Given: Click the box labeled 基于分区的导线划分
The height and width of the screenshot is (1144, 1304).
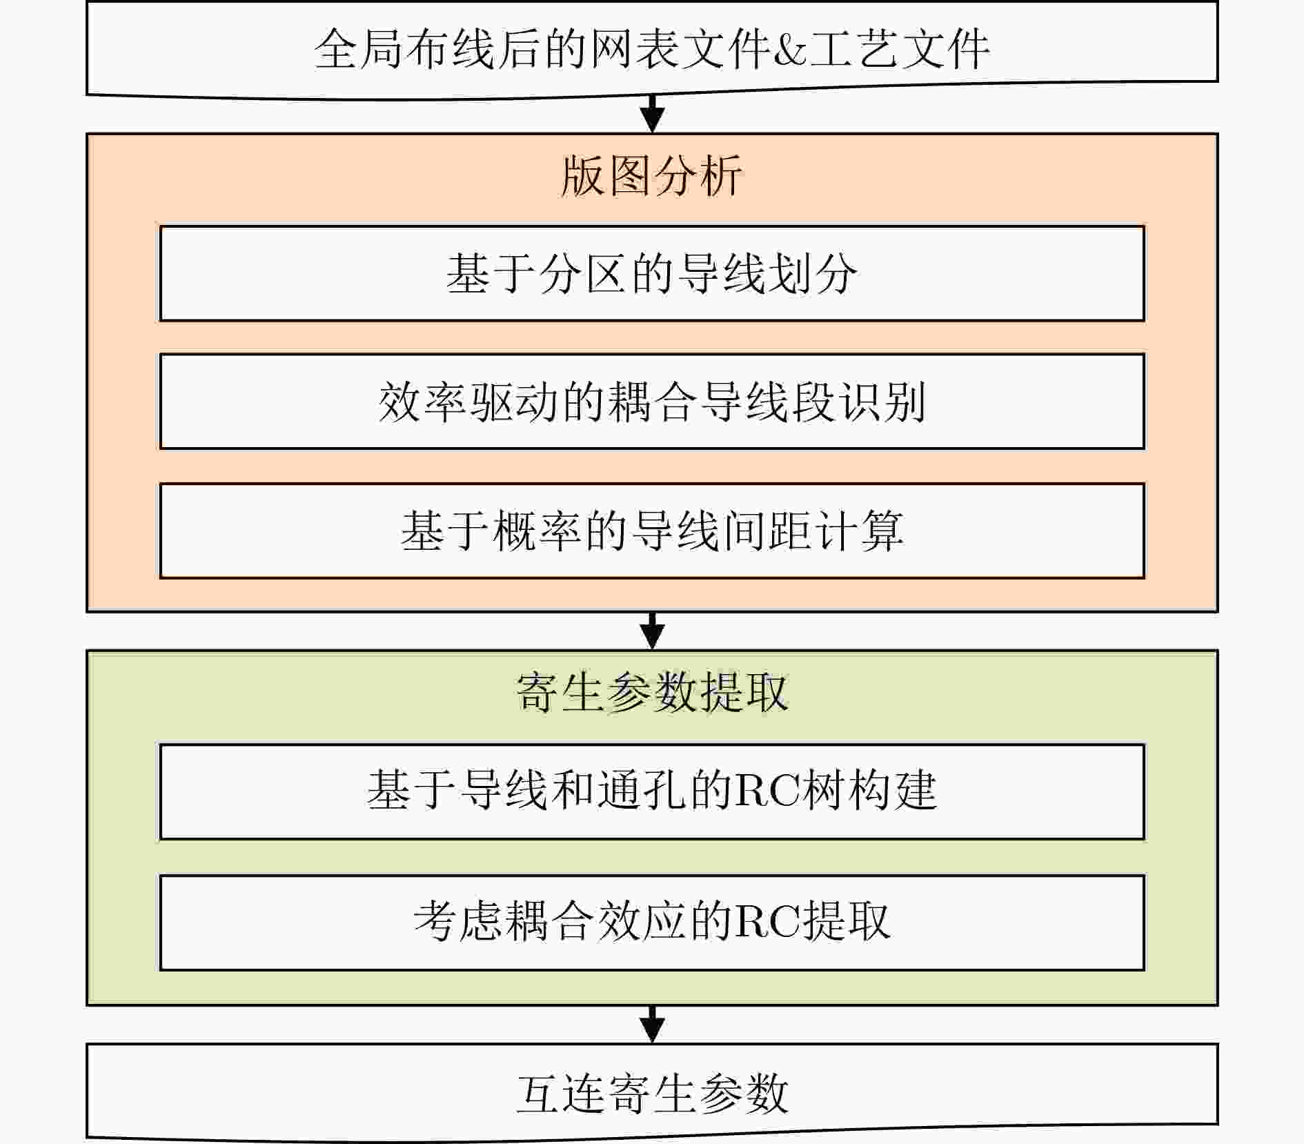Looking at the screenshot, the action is (652, 273).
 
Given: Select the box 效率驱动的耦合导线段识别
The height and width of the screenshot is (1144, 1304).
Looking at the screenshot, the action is (652, 402).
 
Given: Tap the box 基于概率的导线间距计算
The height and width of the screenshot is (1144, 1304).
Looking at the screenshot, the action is (652, 531).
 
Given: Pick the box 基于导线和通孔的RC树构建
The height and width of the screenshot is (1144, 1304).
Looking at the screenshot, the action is (652, 791).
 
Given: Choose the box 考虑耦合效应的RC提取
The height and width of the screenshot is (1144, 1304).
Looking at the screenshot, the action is (652, 923).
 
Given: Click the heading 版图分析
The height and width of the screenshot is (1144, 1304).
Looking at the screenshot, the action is (651, 176).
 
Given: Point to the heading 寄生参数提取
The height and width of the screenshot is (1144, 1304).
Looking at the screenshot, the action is (652, 692).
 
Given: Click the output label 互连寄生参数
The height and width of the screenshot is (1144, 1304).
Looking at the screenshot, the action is (652, 1094).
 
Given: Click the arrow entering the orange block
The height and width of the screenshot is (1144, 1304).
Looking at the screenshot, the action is (652, 114).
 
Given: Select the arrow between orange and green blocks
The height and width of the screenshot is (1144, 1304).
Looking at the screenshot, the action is (652, 631).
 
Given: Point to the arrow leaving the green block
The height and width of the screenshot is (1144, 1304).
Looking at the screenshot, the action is (652, 1025).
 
